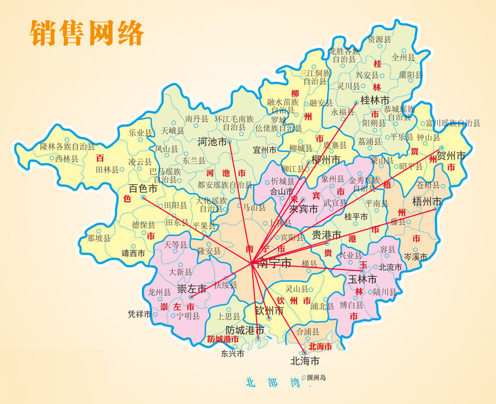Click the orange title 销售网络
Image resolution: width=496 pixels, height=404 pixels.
click(x=87, y=33)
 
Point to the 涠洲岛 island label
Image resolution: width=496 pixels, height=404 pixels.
click(x=316, y=378)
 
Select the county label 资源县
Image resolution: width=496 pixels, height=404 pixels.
click(x=375, y=39)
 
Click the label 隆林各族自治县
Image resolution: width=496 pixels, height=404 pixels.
click(x=67, y=146)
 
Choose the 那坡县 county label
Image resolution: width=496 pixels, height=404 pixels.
click(x=99, y=238)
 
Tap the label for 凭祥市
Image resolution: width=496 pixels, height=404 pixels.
click(x=140, y=314)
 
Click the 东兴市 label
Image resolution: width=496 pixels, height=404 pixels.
click(x=233, y=353)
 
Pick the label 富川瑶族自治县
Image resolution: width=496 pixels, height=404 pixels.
click(x=453, y=123)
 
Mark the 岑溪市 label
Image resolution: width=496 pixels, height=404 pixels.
click(x=415, y=257)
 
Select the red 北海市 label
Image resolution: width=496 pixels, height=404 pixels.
click(x=320, y=347)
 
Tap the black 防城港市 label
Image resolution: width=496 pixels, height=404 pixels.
click(x=245, y=330)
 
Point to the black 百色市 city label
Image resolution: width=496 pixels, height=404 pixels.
click(x=143, y=188)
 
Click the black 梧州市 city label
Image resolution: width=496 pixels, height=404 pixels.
click(x=427, y=201)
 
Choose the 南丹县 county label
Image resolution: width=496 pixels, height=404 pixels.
click(x=196, y=119)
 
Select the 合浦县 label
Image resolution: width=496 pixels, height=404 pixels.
click(x=307, y=331)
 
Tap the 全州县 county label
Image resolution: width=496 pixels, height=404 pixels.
click(x=403, y=57)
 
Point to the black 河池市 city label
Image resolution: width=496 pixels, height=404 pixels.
click(x=212, y=142)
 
